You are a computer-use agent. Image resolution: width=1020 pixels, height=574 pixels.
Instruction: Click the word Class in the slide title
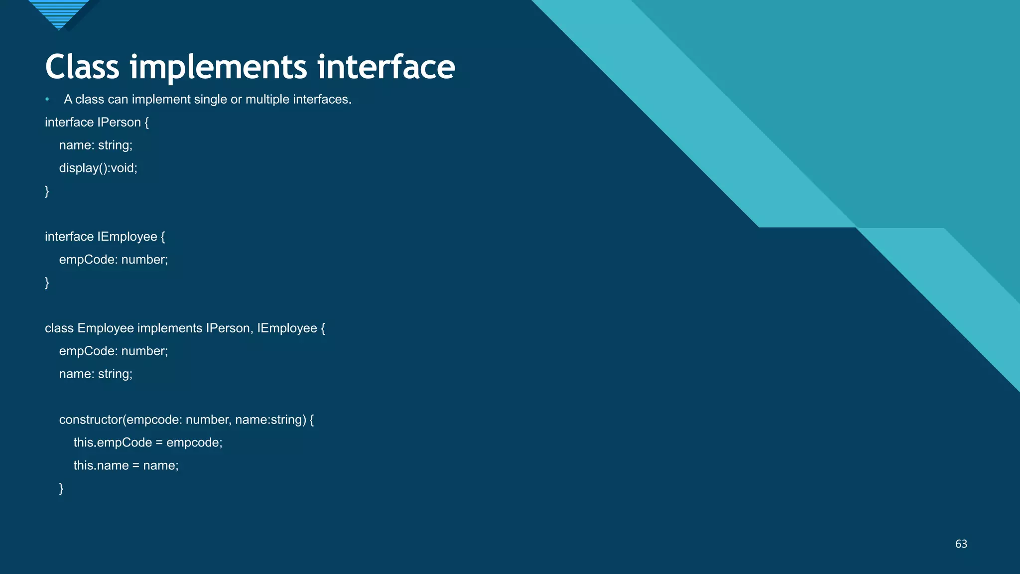[82, 67]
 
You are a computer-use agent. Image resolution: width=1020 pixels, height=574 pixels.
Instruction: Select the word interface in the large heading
[386, 67]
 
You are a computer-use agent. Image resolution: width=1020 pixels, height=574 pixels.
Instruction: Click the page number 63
[961, 544]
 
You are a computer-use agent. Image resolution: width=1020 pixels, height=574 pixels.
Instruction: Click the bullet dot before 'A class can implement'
[47, 100]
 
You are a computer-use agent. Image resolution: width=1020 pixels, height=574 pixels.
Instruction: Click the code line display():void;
[98, 168]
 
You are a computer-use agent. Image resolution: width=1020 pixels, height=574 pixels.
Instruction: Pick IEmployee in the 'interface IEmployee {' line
[127, 237]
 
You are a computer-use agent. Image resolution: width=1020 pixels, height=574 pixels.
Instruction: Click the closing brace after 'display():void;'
[47, 191]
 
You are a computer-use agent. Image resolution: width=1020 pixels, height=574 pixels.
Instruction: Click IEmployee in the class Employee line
[287, 328]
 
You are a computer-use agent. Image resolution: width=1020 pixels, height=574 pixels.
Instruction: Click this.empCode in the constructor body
[113, 443]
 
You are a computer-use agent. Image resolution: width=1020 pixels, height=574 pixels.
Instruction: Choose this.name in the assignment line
[101, 466]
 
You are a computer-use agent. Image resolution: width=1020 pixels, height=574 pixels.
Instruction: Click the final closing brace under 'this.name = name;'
[61, 488]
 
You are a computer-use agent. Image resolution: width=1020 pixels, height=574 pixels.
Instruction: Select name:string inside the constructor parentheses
[269, 420]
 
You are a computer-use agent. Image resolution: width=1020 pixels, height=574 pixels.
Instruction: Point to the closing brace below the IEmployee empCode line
[47, 283]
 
